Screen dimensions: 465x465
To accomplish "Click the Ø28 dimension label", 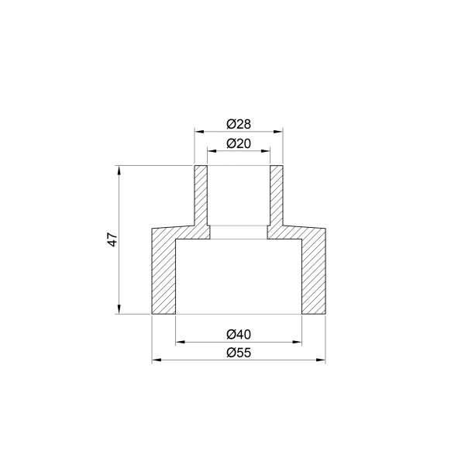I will pos(238,124).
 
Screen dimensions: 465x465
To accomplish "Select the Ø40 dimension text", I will pos(238,334).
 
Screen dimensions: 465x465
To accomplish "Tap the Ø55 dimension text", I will pos(238,353).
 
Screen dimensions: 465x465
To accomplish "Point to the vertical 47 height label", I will pos(112,239).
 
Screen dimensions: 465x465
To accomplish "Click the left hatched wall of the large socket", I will pos(164,271).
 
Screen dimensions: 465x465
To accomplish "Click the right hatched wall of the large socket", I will pos(313,271).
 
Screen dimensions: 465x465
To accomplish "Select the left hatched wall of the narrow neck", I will pos(201,198).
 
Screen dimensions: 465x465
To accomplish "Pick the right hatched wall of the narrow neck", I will pos(276,198).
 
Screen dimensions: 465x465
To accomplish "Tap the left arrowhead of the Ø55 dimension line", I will pos(155,360).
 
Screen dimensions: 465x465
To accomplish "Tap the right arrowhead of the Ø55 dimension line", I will pos(322,360).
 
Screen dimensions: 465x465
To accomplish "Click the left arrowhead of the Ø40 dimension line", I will pos(180,341).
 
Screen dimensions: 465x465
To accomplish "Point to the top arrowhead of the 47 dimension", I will pos(119,168).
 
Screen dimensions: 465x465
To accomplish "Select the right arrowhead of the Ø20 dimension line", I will pos(267,150).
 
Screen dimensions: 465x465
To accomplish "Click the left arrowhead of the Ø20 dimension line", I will pos(210,150).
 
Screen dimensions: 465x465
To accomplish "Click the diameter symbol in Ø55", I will pos(231,353).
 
